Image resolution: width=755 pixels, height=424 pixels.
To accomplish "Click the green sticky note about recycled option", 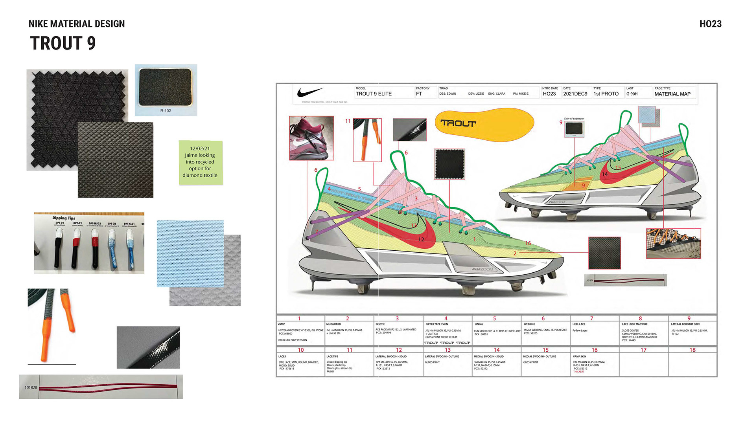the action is point(201,162).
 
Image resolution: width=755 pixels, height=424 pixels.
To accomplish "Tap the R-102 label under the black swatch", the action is point(166,111).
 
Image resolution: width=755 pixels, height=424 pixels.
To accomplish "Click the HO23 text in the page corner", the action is point(710,24).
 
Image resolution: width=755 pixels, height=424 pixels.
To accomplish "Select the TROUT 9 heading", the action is point(63,43).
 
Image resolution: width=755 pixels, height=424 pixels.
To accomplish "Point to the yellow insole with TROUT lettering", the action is point(484,124).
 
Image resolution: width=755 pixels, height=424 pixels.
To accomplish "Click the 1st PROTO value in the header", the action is point(606,94).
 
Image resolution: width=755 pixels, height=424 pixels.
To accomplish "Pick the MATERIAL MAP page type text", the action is point(672,94).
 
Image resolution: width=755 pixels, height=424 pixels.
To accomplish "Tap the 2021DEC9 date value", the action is point(575,94).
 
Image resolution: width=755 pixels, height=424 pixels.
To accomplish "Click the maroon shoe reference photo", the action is point(311,138).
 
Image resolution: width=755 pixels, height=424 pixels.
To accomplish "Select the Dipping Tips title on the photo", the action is point(64,218).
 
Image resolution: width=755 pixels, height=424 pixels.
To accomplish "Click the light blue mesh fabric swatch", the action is point(190,253).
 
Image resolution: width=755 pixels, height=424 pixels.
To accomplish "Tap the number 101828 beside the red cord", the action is point(31,387).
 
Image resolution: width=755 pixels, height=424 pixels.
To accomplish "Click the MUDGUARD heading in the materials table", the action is point(333,324).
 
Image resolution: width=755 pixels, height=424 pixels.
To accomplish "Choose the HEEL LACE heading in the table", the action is point(579,324).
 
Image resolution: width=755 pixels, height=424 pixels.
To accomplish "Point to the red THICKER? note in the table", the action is point(578,372).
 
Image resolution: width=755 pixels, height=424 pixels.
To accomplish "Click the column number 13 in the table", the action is point(447,350).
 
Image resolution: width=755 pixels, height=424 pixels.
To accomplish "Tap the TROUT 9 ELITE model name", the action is point(374,94).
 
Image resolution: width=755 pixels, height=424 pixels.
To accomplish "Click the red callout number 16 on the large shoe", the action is point(528,243).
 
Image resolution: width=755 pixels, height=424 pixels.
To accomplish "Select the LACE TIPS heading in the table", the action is point(332,356).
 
